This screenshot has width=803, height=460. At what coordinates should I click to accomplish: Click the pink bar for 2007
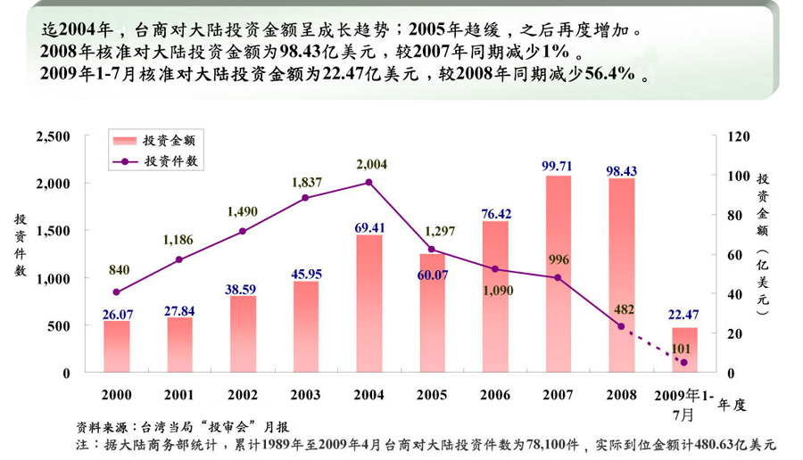558,274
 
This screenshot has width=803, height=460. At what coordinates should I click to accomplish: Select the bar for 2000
116,347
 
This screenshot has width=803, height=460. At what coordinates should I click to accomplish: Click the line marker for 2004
369,182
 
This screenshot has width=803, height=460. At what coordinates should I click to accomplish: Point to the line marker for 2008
621,326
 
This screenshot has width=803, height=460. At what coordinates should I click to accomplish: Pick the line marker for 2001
179,259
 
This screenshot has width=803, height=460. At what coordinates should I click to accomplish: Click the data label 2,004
370,164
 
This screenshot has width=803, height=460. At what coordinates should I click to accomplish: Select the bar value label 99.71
558,166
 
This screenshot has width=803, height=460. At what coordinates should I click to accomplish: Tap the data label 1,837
306,182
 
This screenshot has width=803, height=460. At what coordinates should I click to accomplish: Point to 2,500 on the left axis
53,136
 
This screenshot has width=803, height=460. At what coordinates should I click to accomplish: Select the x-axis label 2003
306,393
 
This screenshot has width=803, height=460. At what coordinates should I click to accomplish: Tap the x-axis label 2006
495,393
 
